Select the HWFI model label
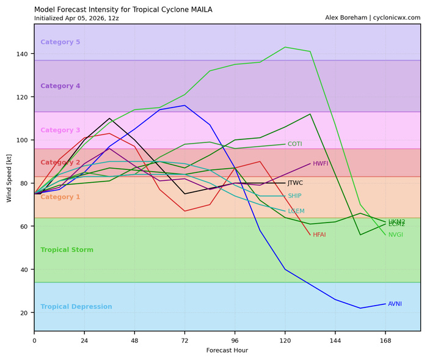click(321, 164)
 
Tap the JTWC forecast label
click(295, 183)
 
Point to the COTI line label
click(295, 144)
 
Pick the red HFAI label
click(319, 235)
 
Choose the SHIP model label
click(294, 196)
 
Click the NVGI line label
click(395, 235)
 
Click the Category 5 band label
click(60, 42)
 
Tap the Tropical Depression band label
click(76, 307)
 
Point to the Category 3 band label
click(60, 130)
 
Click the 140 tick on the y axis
click(23, 54)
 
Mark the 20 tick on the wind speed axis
click(24, 313)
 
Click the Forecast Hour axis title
click(227, 350)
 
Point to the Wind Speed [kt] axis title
click(9, 178)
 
